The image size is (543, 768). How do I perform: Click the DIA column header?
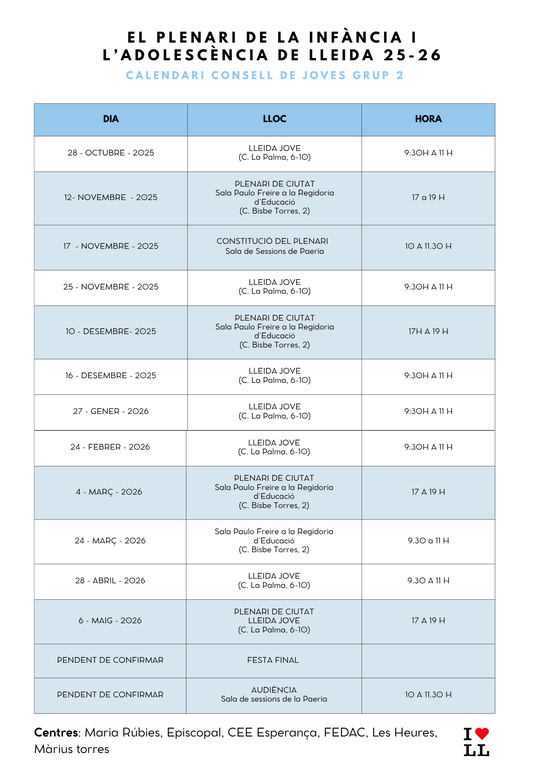[x=110, y=119]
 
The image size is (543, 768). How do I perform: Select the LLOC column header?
[x=274, y=119]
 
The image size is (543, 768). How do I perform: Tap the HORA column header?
[x=428, y=119]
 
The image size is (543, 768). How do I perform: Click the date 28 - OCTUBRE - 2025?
[x=111, y=153]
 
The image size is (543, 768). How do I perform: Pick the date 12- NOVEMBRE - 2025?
[x=111, y=197]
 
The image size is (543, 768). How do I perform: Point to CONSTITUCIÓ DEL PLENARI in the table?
[x=272, y=241]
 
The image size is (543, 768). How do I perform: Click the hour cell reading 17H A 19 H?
[x=428, y=331]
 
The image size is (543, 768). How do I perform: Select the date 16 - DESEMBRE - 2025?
[x=111, y=376]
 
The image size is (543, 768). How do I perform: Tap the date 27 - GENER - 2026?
[x=111, y=411]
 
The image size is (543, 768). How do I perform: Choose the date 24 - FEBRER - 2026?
[x=111, y=447]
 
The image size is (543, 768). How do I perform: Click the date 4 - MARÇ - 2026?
[x=111, y=491]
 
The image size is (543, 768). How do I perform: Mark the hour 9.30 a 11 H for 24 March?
[x=428, y=540]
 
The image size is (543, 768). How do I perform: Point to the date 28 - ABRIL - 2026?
[x=111, y=580]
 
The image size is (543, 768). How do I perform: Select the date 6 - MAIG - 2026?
[x=111, y=620]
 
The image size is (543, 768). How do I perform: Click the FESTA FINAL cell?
[x=273, y=660]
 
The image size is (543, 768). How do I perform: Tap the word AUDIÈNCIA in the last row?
[x=273, y=689]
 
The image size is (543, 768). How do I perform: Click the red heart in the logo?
[x=482, y=735]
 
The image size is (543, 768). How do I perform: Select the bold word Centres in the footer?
[x=56, y=732]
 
